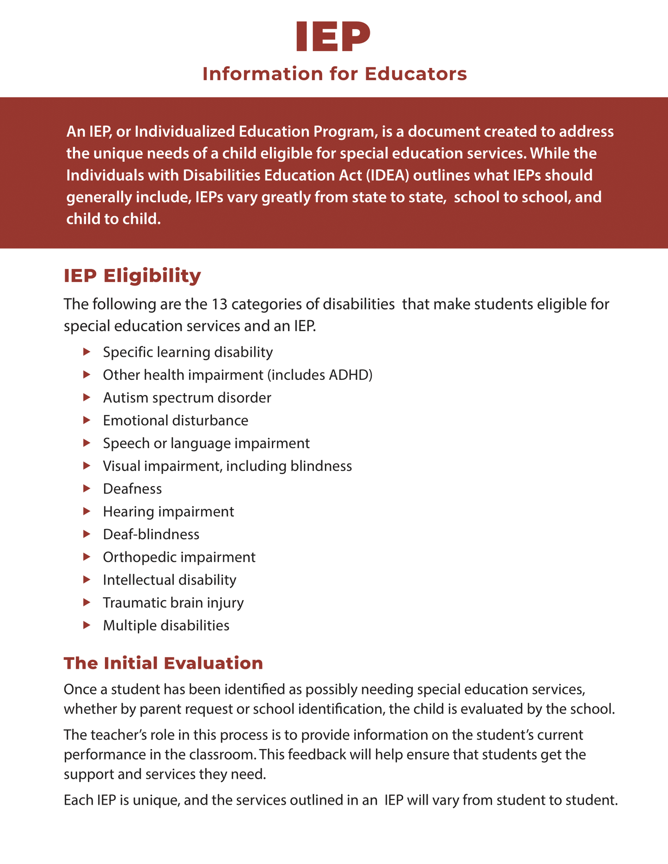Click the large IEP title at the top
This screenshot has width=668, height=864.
(333, 37)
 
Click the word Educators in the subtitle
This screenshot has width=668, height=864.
(416, 74)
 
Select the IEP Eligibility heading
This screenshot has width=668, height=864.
(132, 276)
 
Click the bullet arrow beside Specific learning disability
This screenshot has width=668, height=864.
(86, 352)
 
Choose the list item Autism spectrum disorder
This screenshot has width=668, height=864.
(187, 397)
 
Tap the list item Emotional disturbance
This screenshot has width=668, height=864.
(175, 420)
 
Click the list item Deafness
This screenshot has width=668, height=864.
(132, 489)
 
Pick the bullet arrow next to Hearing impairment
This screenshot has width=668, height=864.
(86, 511)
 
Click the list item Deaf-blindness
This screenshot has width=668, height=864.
(151, 534)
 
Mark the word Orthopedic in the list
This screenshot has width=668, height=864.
(139, 557)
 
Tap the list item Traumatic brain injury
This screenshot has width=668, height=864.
(173, 602)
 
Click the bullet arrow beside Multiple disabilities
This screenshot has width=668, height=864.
(86, 625)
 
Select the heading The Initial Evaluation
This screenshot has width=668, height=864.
(163, 663)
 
